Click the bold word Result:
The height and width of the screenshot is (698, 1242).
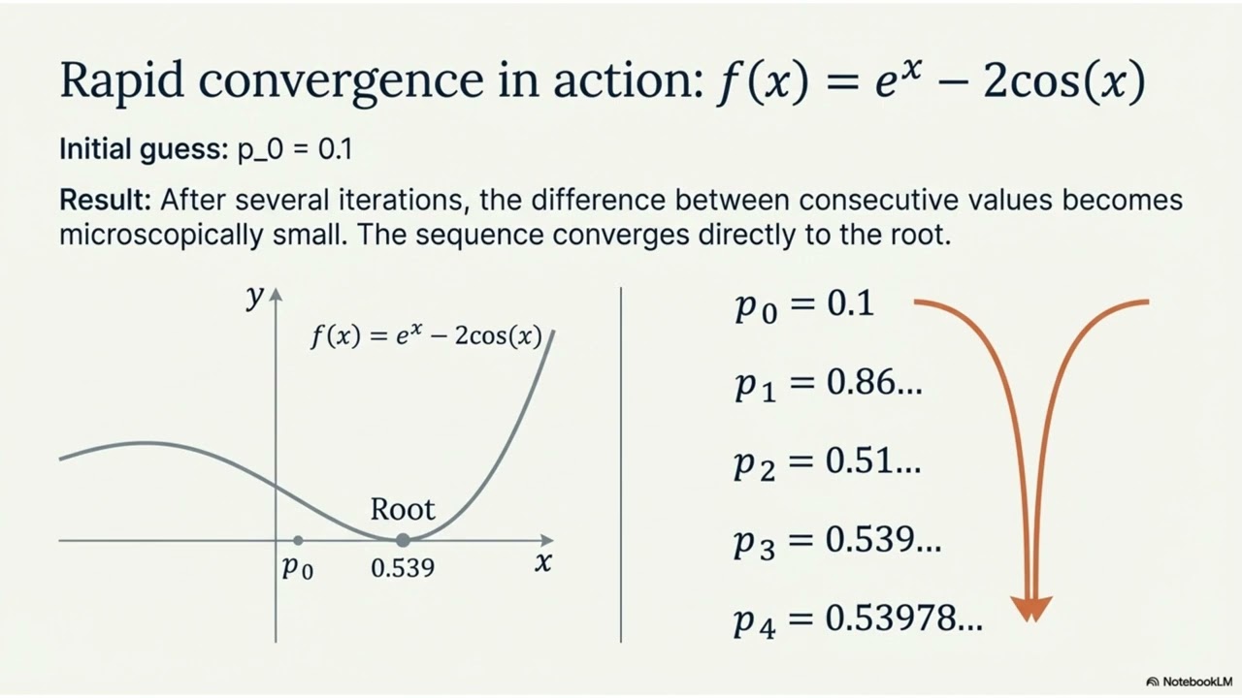pos(105,201)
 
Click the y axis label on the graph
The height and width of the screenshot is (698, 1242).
pos(255,297)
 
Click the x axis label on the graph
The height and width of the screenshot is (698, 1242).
pos(543,562)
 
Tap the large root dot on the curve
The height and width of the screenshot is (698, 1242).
pos(403,540)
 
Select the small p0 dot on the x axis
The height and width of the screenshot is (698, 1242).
pos(298,540)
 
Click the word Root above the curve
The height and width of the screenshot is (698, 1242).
pos(403,510)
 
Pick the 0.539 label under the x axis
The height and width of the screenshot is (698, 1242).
pos(403,568)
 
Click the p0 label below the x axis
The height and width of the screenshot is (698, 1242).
pos(298,568)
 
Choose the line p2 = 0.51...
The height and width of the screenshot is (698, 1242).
pos(827,462)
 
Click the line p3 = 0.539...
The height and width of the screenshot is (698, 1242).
pos(836,541)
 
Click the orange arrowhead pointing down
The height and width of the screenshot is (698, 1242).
pos(1031,608)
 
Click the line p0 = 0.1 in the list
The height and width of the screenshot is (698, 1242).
pos(804,305)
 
